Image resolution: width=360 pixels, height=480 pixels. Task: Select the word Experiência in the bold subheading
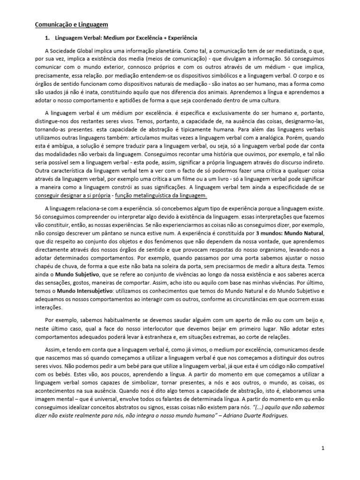181,37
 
